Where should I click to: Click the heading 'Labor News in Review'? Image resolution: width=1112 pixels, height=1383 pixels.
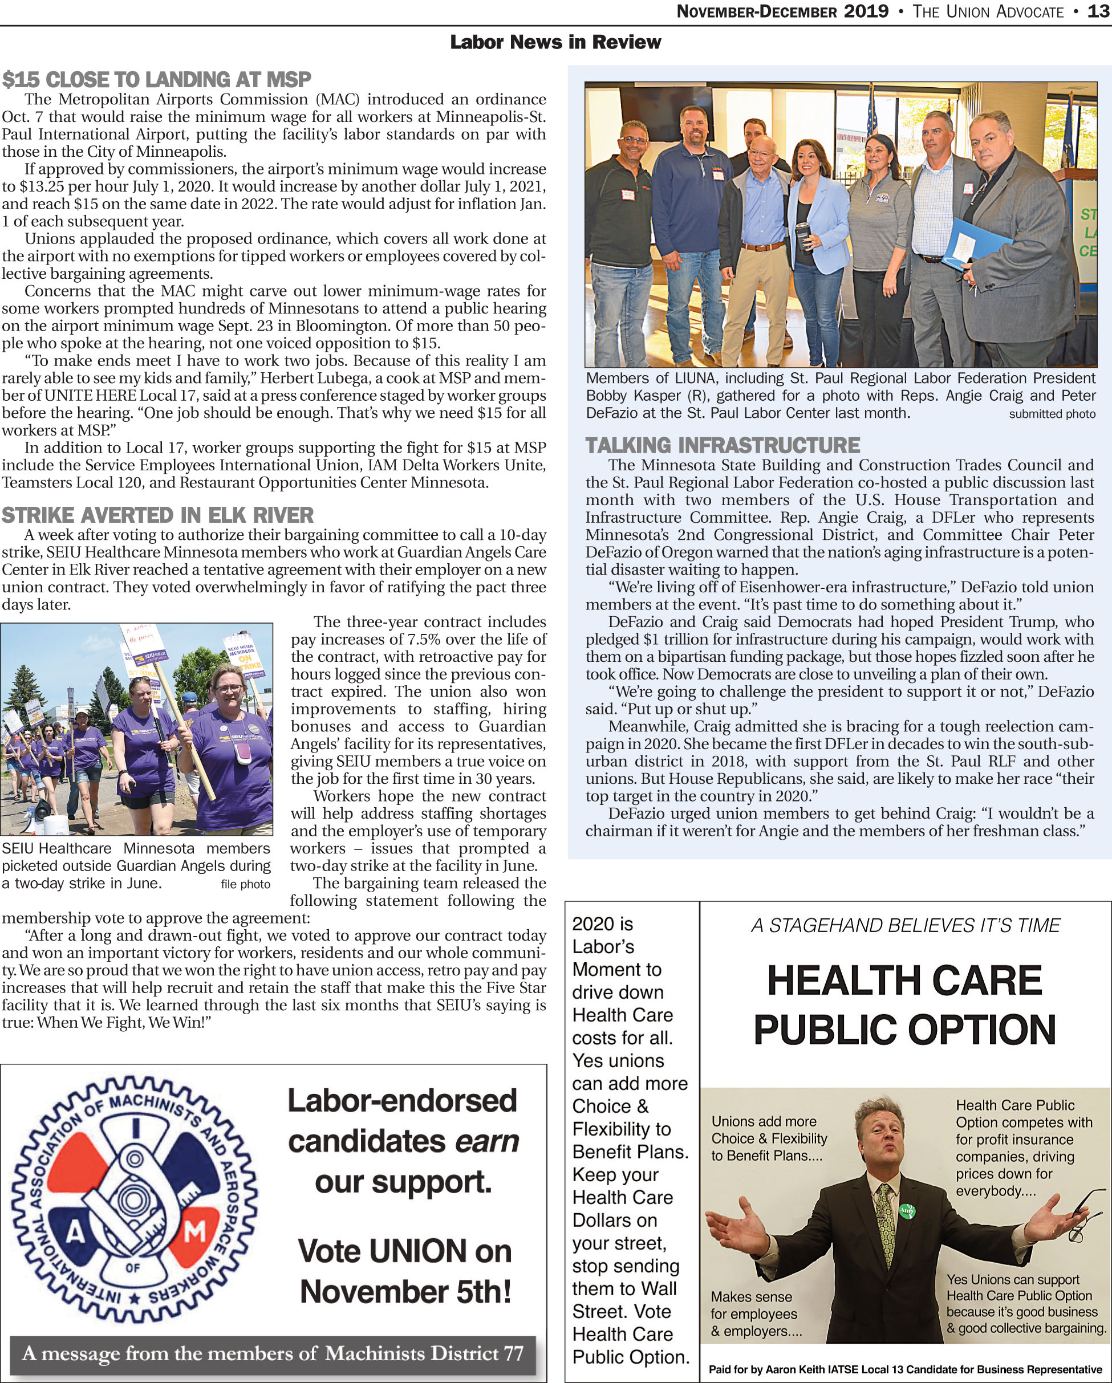[x=555, y=42]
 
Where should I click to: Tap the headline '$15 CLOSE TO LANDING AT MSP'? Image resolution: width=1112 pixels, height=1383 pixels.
[x=157, y=80]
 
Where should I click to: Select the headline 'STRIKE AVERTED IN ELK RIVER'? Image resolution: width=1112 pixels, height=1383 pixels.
[x=158, y=515]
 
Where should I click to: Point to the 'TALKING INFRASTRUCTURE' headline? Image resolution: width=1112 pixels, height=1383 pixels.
[x=723, y=445]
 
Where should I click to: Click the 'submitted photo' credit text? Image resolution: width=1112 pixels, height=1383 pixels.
[x=1052, y=414]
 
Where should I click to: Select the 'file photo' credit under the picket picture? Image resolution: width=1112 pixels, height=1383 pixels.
[x=245, y=885]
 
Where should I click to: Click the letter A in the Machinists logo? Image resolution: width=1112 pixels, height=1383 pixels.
[x=76, y=1234]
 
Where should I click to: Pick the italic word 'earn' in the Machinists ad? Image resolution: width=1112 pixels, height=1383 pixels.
[x=486, y=1141]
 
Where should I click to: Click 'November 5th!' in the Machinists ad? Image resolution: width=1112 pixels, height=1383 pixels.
[x=405, y=1291]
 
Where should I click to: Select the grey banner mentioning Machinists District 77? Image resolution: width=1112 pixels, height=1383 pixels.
[x=273, y=1353]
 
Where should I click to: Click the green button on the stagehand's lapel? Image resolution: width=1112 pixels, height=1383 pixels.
[x=907, y=1210]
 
